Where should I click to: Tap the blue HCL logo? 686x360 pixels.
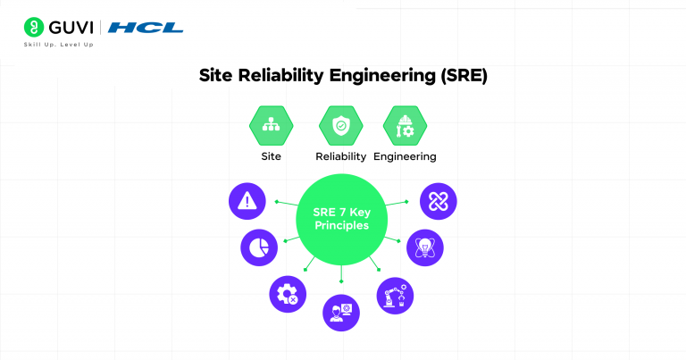click(x=146, y=28)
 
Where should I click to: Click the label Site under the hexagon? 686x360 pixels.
click(x=271, y=156)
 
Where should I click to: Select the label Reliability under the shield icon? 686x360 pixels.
click(x=340, y=156)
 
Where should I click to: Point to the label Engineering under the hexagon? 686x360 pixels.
click(x=405, y=156)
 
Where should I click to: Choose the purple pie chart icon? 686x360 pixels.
click(x=257, y=247)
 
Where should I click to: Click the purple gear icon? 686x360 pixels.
click(x=288, y=294)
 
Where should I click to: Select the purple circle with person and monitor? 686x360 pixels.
click(x=340, y=313)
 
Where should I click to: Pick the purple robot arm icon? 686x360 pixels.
click(x=394, y=294)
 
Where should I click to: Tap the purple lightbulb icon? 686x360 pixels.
click(x=424, y=247)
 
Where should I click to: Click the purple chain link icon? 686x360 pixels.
click(x=437, y=201)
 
